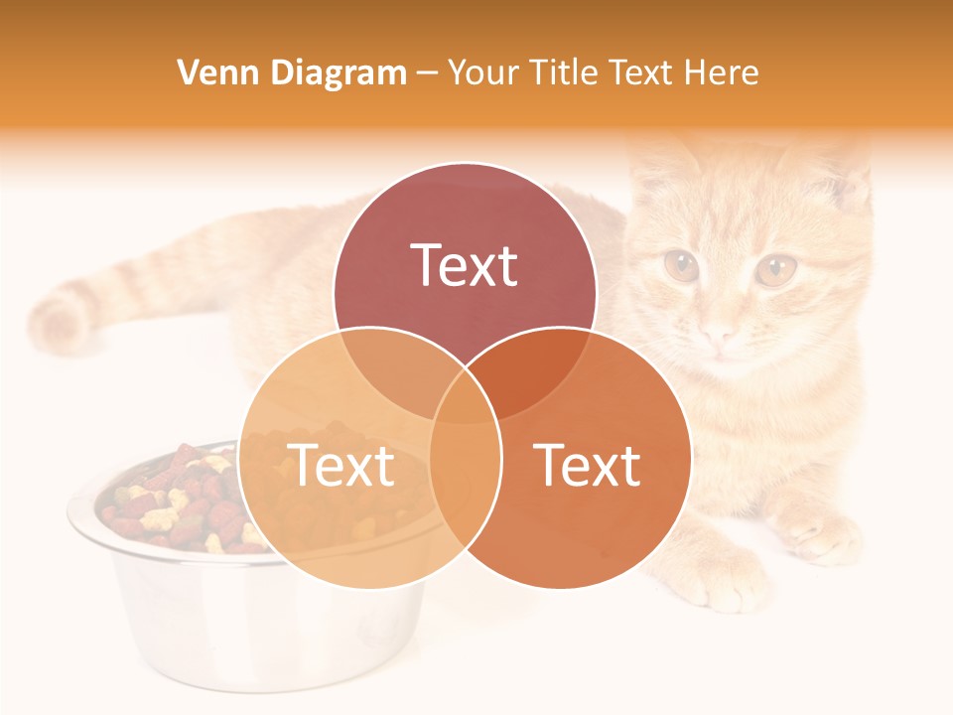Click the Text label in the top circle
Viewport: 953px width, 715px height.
[465, 265]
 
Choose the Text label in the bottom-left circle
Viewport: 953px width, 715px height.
[340, 465]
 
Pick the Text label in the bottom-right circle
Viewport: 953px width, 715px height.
[588, 465]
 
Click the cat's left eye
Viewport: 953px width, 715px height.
[681, 266]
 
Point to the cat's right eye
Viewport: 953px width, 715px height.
[775, 268]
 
